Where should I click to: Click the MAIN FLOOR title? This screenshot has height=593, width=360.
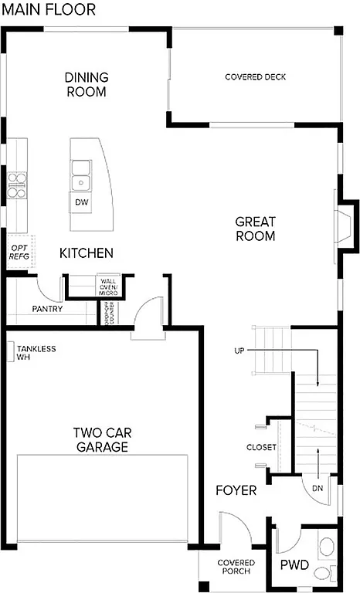[x=49, y=10]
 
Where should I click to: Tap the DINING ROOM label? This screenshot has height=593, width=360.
[x=86, y=84]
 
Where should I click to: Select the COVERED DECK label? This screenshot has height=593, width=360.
[x=255, y=77]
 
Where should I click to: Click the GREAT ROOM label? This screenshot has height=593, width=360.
[x=255, y=229]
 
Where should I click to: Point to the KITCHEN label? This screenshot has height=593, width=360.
[x=87, y=253]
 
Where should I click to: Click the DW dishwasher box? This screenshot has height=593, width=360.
[x=81, y=202]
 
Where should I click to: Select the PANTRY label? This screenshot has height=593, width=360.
[x=47, y=310]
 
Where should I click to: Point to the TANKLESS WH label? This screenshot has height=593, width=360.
[x=35, y=353]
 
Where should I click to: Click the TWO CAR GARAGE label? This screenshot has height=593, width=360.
[x=101, y=439]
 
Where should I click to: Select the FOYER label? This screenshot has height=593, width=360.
[x=236, y=490]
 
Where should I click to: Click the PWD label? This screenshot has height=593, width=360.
[x=294, y=566]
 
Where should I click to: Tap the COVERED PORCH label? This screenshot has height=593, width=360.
[x=235, y=567]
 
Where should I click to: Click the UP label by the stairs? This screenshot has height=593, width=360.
[x=239, y=351]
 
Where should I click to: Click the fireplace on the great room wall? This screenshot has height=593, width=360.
[x=345, y=225]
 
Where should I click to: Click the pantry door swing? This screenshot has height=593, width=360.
[x=51, y=289]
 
